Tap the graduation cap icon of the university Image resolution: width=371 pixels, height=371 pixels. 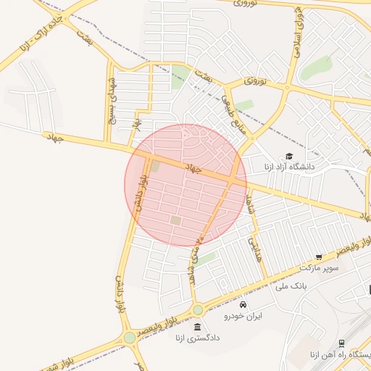288,157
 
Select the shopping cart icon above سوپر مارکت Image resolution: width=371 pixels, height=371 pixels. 319,257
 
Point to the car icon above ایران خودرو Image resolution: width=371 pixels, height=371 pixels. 243,304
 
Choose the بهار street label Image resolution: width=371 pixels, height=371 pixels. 136,125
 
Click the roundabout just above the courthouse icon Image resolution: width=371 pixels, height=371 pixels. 197,310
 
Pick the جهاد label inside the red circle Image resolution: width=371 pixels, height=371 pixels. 193,169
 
